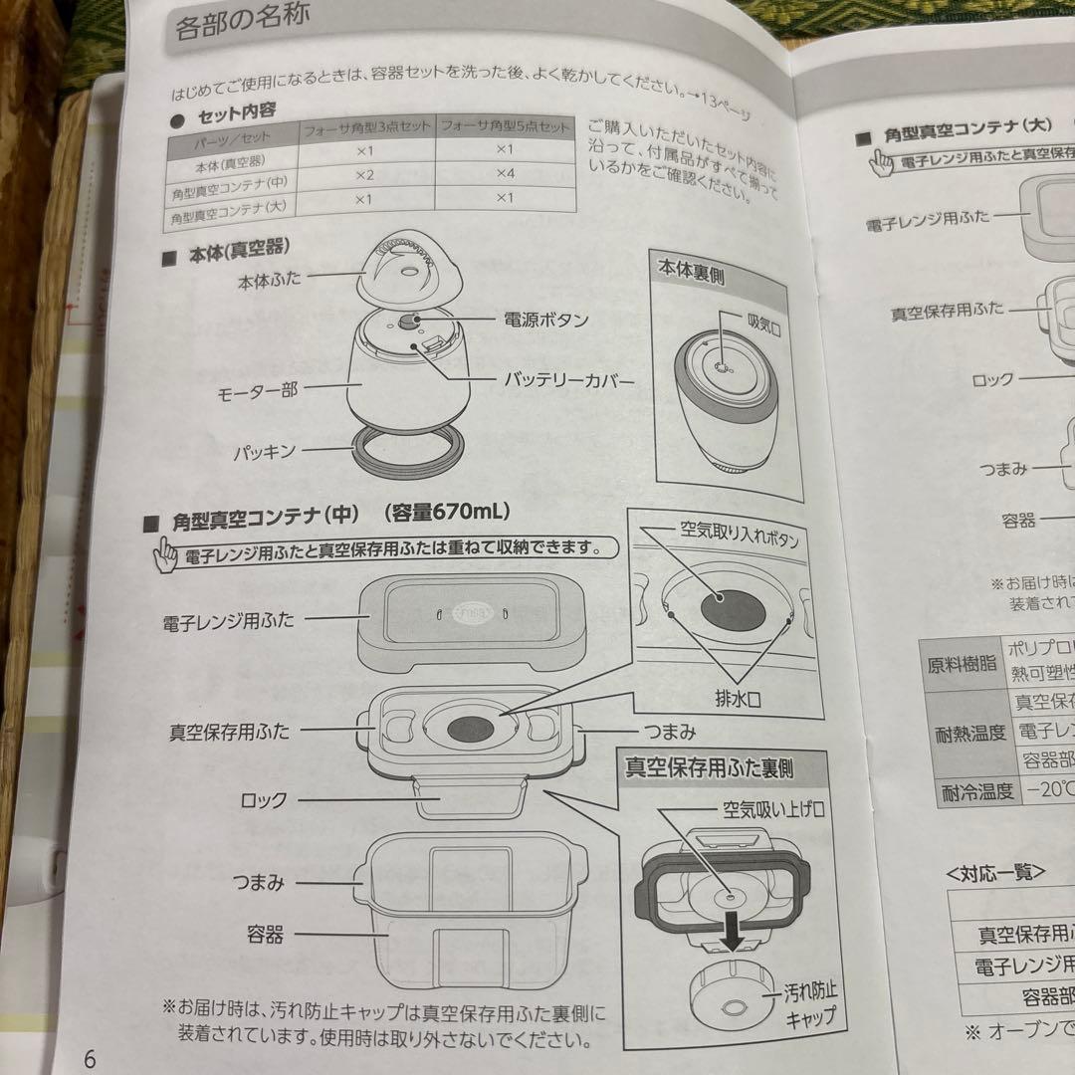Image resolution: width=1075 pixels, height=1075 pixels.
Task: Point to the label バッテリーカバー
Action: tap(568, 380)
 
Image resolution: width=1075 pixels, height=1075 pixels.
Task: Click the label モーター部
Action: tap(258, 392)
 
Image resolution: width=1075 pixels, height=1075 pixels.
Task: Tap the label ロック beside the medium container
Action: tap(264, 799)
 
